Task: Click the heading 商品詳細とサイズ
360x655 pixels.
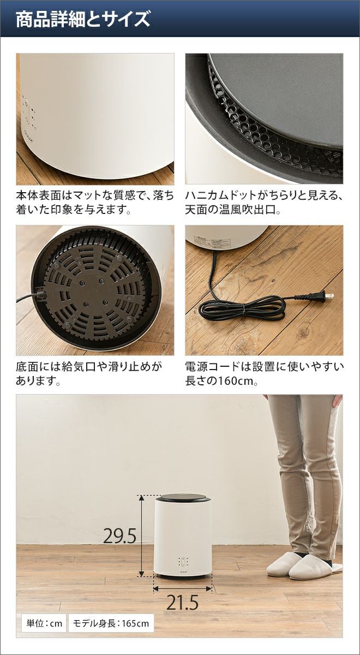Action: coord(83,19)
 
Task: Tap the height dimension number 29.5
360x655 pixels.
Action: coord(120,535)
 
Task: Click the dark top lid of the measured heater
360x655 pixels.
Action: coord(183,497)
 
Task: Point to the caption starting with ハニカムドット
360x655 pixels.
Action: coord(263,203)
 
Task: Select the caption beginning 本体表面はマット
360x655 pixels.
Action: coord(95,203)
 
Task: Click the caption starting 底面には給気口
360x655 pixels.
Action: coord(89,374)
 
